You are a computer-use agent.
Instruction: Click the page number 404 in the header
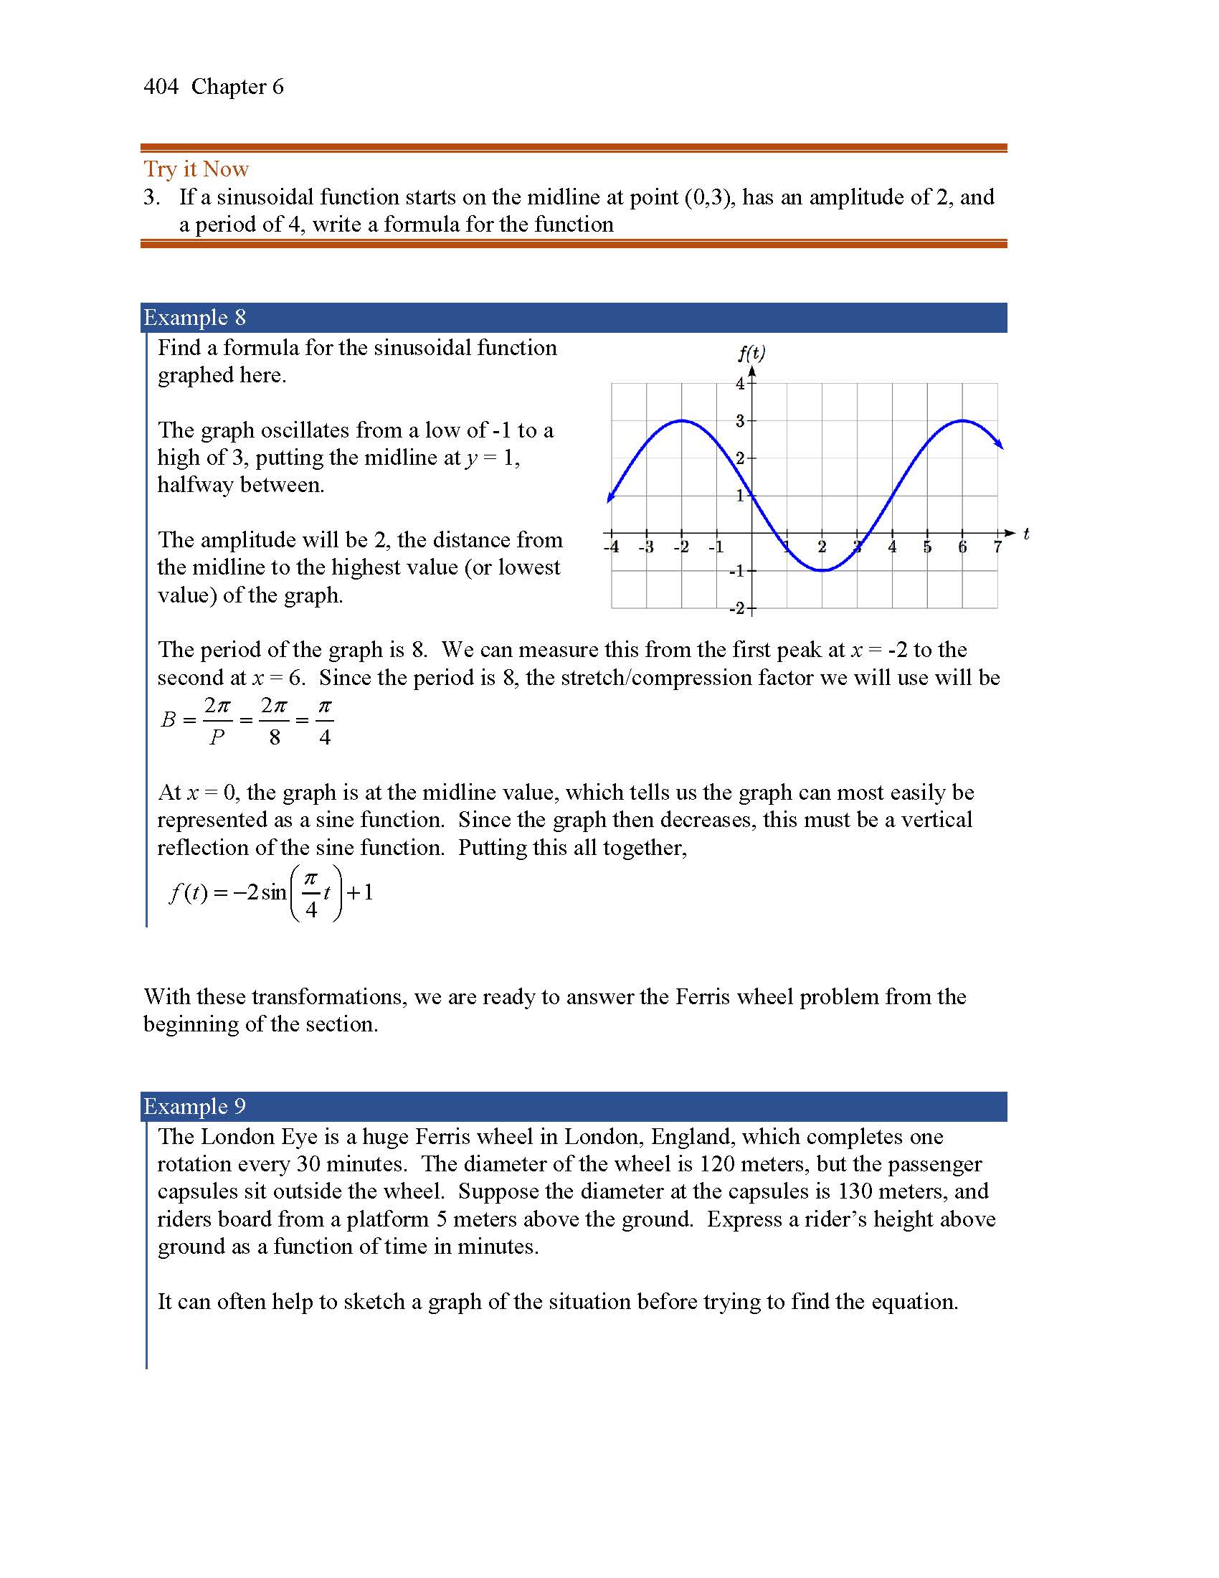161,87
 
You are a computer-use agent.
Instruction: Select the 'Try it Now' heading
196,169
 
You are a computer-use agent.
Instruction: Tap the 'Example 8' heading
194,318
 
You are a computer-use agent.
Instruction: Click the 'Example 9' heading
194,1106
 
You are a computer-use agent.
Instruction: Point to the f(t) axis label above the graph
751,354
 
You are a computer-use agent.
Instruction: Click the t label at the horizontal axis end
1026,533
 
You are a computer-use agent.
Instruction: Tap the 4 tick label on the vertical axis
739,384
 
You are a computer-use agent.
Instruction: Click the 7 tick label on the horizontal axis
997,547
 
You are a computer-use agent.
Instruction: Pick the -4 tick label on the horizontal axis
612,547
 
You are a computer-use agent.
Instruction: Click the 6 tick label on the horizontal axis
962,547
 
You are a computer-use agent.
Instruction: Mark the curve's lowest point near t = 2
822,571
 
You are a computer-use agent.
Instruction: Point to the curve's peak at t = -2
682,420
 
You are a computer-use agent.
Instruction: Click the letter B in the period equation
169,719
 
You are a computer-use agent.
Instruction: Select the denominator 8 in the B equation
275,737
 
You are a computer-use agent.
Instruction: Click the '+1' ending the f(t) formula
361,893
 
